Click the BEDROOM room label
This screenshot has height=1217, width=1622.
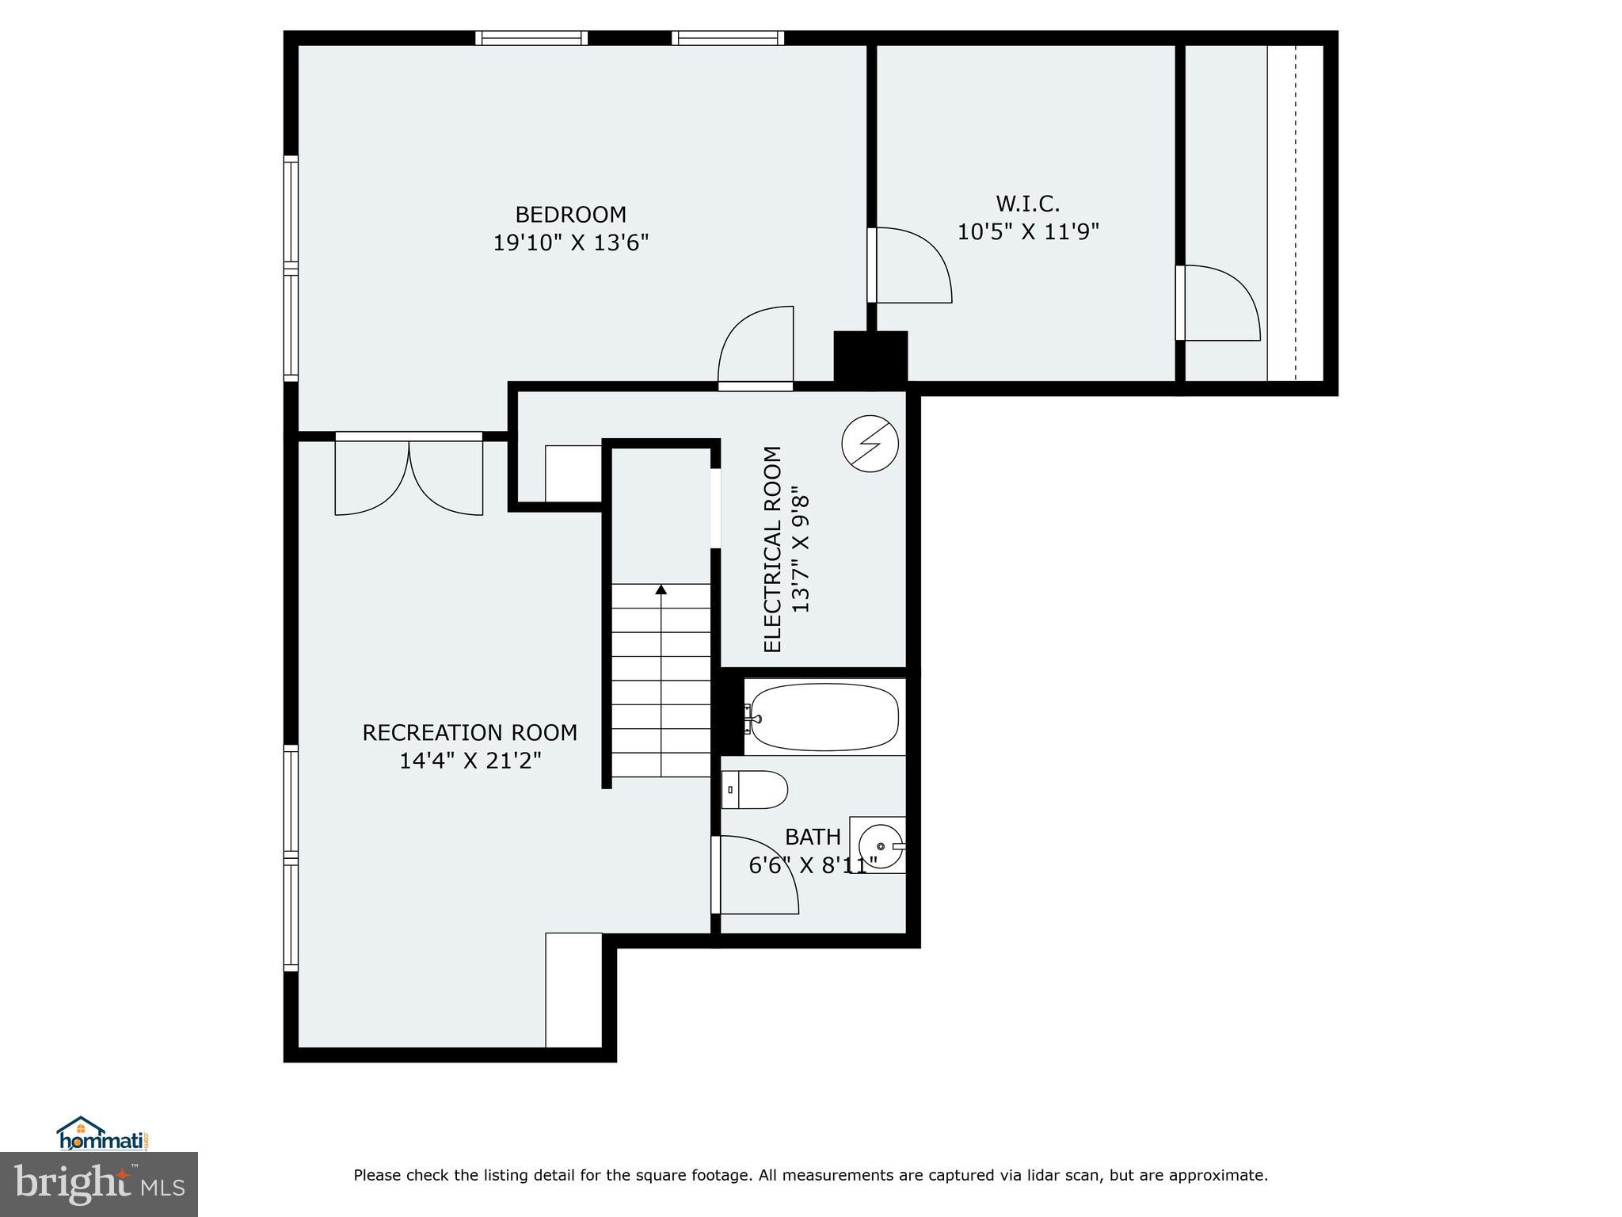click(x=570, y=215)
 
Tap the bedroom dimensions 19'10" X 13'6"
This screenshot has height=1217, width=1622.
click(x=570, y=242)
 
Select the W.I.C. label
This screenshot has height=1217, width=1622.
click(x=1027, y=204)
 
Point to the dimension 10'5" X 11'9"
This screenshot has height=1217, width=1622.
click(x=1028, y=232)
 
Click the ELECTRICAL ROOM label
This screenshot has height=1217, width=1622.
click(x=772, y=549)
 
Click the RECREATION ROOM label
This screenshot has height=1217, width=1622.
click(x=470, y=733)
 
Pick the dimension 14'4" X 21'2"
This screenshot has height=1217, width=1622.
click(x=470, y=761)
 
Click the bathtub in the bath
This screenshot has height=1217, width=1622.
click(x=824, y=717)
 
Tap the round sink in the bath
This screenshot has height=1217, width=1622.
click(x=880, y=846)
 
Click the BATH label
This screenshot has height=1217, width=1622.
click(x=813, y=837)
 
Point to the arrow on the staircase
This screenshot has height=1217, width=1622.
click(x=661, y=589)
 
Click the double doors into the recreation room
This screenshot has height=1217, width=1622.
click(x=409, y=475)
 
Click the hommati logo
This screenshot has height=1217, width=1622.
click(x=103, y=1135)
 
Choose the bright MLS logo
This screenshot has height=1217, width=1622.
click(x=99, y=1184)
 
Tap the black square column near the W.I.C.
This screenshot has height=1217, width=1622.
click(x=870, y=360)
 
